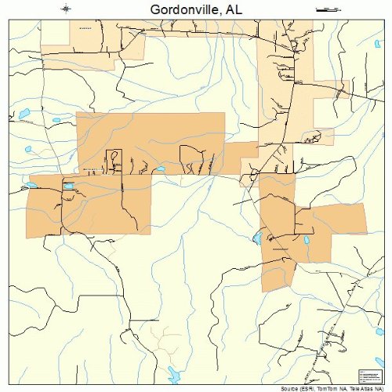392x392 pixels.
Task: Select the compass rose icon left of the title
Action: (x=66, y=9)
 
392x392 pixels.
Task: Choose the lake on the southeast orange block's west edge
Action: (x=256, y=238)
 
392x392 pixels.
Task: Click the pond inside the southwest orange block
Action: (x=67, y=186)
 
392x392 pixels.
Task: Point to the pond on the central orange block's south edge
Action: (x=160, y=169)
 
